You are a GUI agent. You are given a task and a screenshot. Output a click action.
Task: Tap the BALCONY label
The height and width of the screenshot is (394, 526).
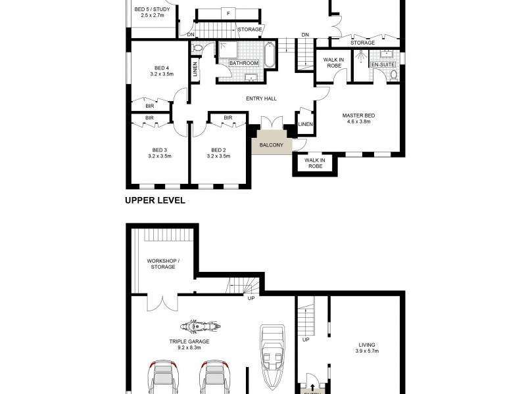(x=271, y=145)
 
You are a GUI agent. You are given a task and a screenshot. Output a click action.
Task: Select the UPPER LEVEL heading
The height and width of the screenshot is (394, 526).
(x=155, y=201)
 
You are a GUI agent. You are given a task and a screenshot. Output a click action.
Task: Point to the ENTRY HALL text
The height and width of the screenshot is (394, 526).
(x=261, y=98)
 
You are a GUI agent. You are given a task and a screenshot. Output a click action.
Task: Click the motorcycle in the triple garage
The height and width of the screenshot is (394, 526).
(x=198, y=326)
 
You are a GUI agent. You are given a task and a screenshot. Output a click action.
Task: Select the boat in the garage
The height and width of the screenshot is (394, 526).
(x=272, y=355)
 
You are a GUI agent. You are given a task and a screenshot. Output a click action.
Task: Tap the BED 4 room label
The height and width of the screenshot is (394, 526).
(x=162, y=68)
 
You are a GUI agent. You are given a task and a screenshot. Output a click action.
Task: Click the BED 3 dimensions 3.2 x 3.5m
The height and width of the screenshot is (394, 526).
(x=160, y=156)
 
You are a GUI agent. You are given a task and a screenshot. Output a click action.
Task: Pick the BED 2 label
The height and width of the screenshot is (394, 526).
(x=218, y=149)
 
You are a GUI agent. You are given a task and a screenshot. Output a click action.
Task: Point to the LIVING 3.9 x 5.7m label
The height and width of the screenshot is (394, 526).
(x=366, y=347)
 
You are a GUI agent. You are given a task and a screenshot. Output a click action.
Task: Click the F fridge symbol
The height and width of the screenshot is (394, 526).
(x=228, y=13)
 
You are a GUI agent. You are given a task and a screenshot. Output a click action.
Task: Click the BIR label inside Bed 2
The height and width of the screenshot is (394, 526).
(x=227, y=118)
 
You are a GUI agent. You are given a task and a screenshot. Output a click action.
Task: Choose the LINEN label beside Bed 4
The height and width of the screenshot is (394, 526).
(x=195, y=72)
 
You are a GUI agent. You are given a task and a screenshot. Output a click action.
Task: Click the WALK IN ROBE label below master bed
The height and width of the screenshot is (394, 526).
(x=316, y=163)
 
